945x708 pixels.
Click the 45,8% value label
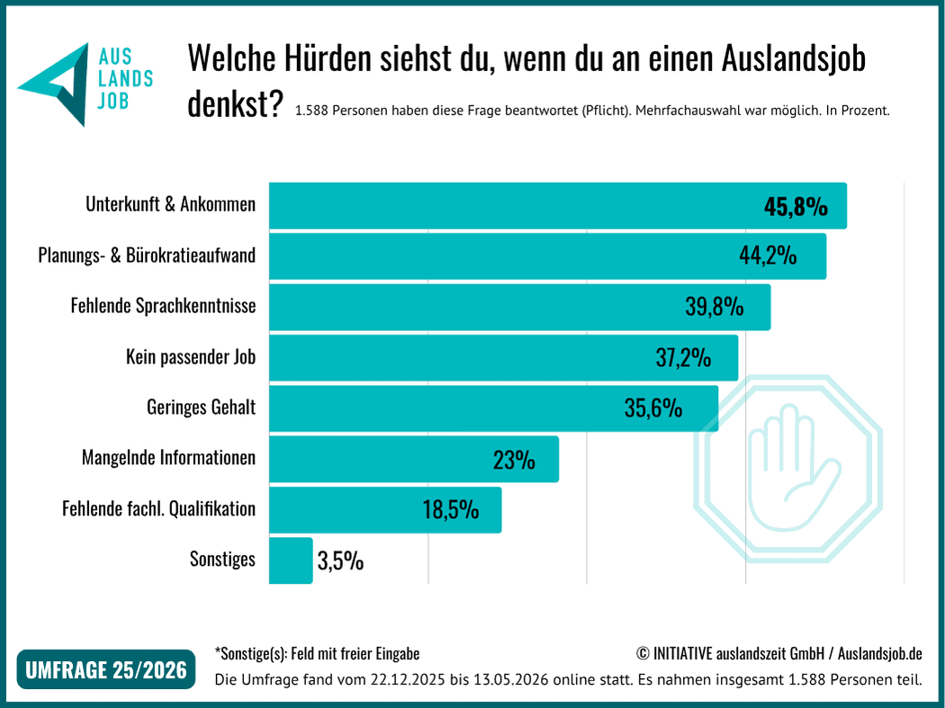pos(796,207)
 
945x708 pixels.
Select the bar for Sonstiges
pos(291,560)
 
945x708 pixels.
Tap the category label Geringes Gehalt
pos(202,408)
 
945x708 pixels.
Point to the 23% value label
pos(514,461)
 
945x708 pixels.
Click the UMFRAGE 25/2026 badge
pos(106,669)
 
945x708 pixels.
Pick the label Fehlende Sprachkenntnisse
pos(163,306)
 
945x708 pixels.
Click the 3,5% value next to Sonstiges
pos(340,561)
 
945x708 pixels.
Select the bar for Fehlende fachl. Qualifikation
pos(385,510)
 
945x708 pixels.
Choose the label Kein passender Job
pos(191,357)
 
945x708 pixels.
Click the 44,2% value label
pos(768,255)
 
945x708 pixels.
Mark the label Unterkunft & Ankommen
pos(171,204)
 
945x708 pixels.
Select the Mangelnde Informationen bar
pos(414,459)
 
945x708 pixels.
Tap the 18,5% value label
pos(451,510)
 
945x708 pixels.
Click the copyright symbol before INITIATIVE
pos(643,653)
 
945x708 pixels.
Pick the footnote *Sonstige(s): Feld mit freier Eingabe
pos(317,654)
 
